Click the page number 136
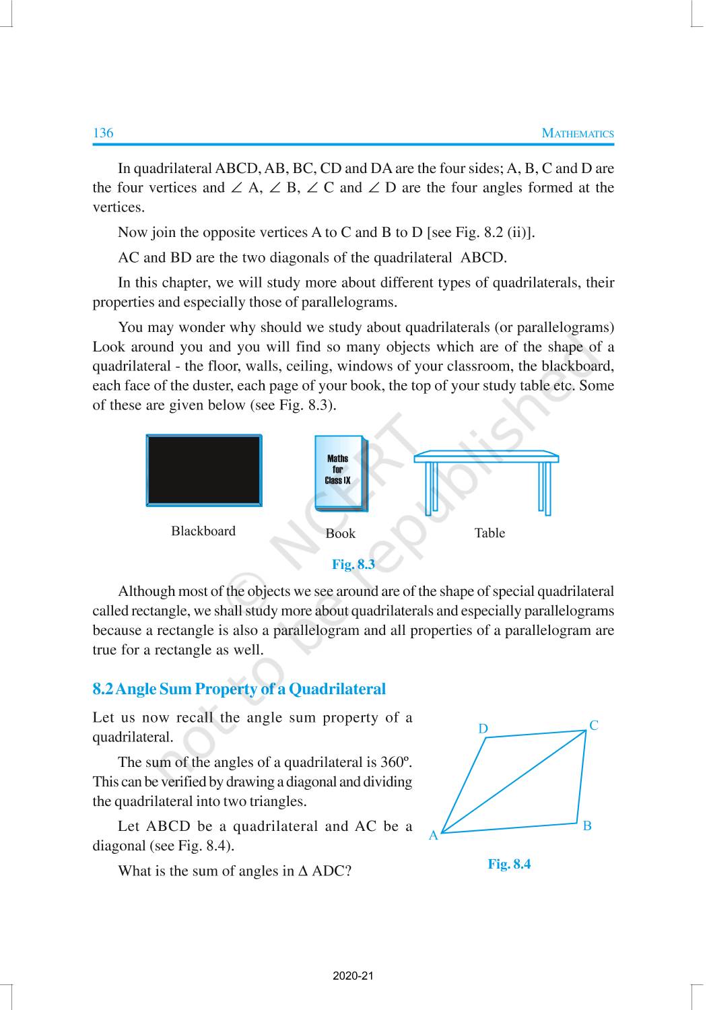103,133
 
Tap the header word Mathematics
578,133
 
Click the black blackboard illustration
203,470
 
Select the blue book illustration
341,474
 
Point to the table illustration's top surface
486,457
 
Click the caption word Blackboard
203,531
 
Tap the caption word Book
340,533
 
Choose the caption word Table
490,533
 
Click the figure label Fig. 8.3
353,564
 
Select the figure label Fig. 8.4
509,864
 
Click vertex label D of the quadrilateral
483,729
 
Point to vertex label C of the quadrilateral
594,725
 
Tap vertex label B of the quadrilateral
587,826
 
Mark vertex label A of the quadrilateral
434,836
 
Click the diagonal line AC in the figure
514,782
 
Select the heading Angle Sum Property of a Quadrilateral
239,689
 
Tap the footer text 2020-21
353,976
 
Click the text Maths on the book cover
337,459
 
